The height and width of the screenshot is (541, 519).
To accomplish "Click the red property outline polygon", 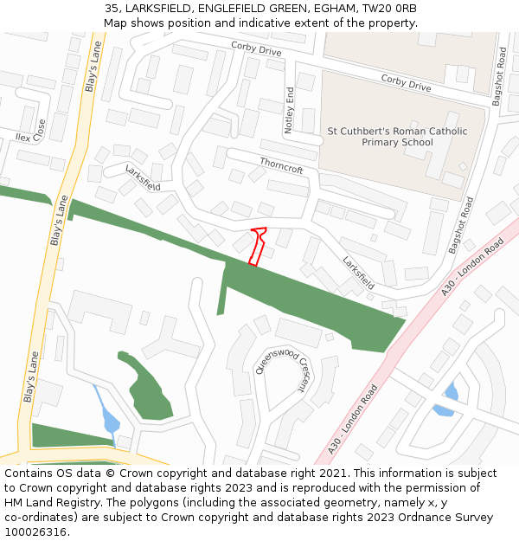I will click(257, 245).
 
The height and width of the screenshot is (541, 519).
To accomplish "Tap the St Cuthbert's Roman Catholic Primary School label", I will click(397, 137).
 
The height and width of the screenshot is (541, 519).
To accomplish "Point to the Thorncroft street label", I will click(281, 164).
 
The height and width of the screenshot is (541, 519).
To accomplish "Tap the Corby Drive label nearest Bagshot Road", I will click(406, 82).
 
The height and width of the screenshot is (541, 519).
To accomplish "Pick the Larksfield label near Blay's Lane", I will click(143, 177).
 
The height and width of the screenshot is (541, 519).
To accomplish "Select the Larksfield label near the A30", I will click(357, 272).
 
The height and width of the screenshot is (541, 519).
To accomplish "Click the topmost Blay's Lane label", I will click(91, 69).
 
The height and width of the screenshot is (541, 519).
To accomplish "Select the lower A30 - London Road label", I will click(354, 419).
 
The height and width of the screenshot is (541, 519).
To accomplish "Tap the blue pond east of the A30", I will click(448, 399).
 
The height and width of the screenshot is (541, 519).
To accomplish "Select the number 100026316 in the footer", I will click(35, 532).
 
